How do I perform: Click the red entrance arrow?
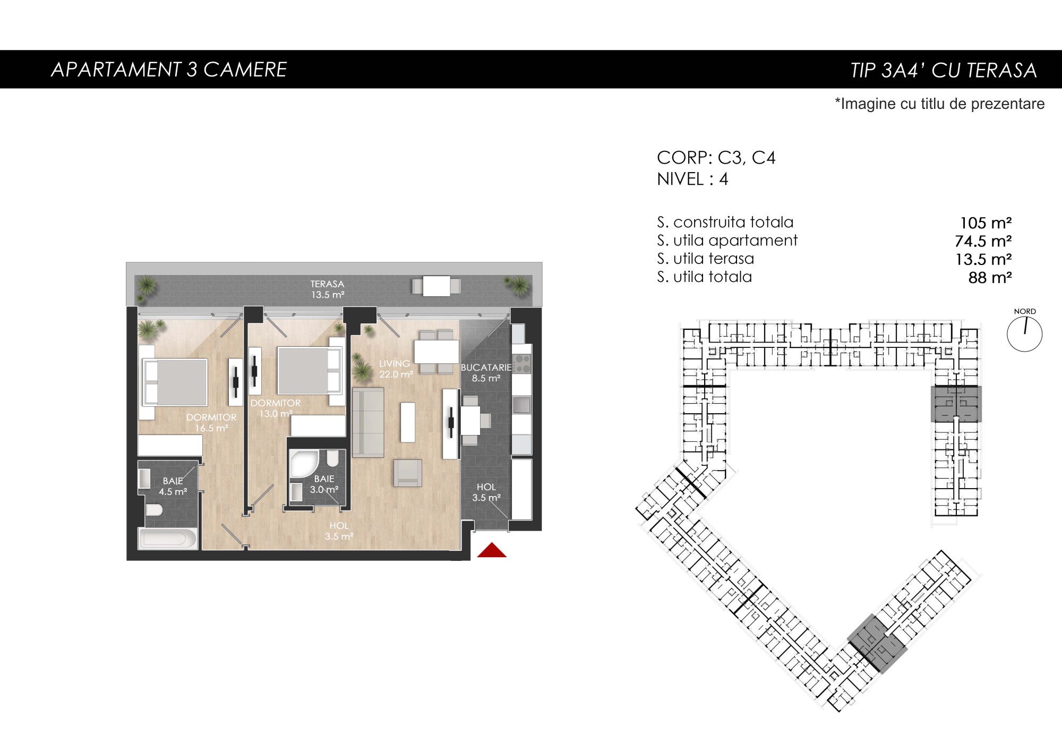coord(492,550)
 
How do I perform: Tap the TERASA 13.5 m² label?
coord(328,289)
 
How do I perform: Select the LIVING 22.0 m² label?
coord(396,369)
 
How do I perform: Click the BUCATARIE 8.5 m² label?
coord(486,373)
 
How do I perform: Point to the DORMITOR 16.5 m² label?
coord(211,423)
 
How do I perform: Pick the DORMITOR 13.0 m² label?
coord(276,408)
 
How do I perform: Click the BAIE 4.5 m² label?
coord(173,487)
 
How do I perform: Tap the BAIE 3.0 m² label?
coord(324,484)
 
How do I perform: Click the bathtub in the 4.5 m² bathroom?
coord(168,539)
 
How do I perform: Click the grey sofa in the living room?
coord(368,422)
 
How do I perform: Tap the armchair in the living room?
coord(408,473)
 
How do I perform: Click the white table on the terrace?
coord(436,286)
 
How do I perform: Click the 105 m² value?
coord(986,223)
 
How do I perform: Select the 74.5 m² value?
coord(983,241)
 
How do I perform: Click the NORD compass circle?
coord(1024,335)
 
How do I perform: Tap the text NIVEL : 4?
coord(692,179)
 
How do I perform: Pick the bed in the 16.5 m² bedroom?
coord(175,382)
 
